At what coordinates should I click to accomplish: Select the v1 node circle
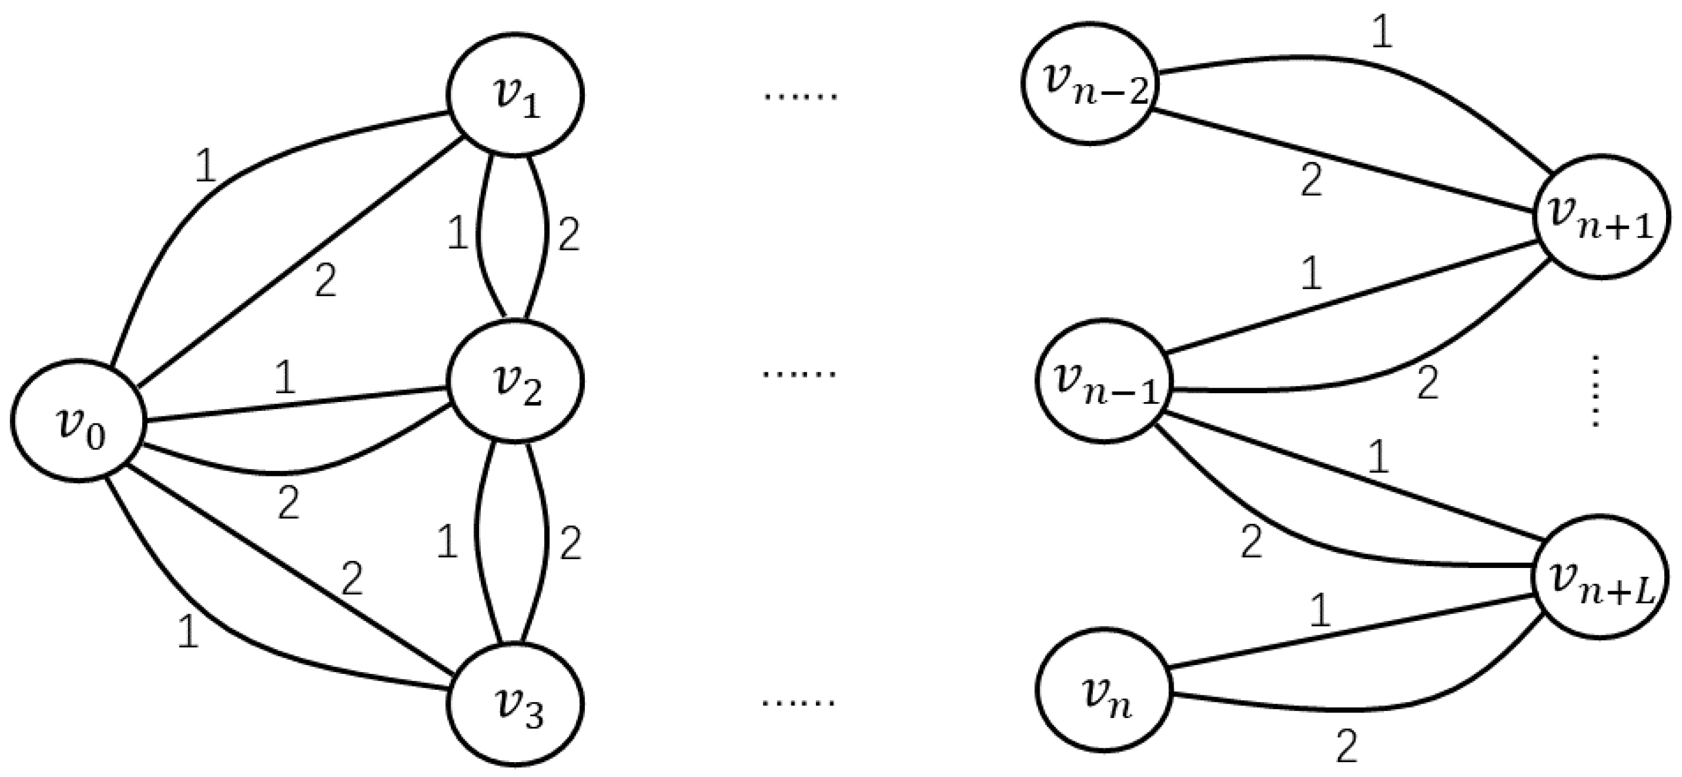[515, 95]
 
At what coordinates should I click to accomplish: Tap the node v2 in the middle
[515, 383]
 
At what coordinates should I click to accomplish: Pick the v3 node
[515, 704]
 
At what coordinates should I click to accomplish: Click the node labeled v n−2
[1090, 84]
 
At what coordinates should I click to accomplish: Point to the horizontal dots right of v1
[800, 97]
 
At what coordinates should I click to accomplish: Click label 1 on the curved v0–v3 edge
[188, 633]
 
